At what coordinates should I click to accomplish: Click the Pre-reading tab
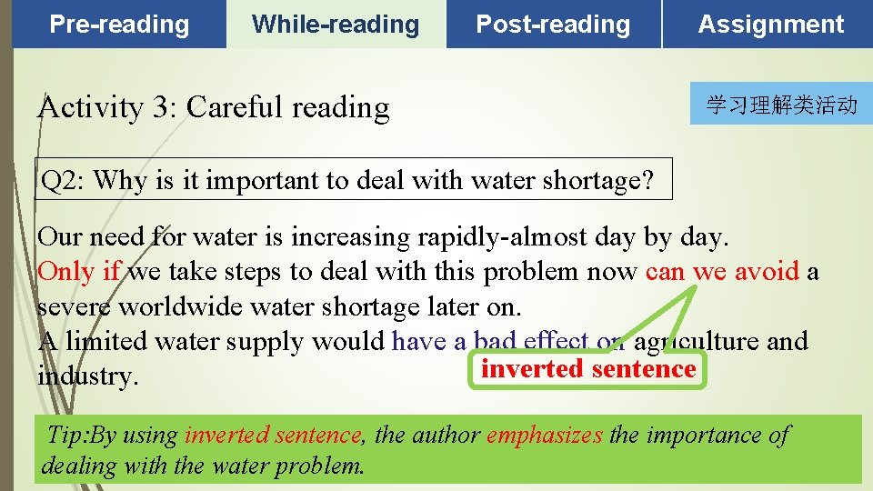pos(119,25)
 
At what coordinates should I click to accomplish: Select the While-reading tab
pos(336,25)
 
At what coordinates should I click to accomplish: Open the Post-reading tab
pos(553,25)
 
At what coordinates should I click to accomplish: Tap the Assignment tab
pos(770,25)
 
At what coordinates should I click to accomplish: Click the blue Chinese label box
pos(781,105)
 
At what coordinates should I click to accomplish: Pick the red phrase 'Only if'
pos(79,272)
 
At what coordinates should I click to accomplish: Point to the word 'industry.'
pos(88,376)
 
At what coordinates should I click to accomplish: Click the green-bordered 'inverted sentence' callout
pos(587,369)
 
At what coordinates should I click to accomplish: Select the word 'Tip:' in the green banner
pos(67,436)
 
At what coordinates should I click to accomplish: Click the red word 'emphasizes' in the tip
pos(544,436)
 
